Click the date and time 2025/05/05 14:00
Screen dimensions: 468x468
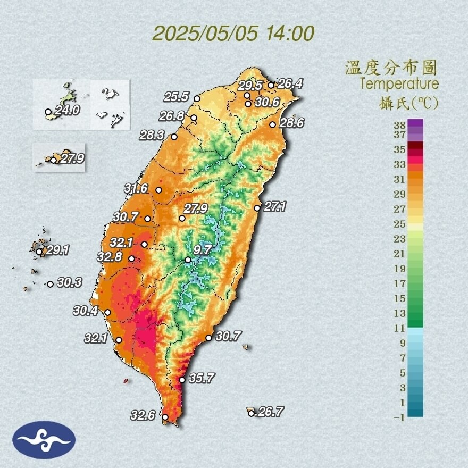point(233,33)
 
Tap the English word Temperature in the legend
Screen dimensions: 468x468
point(399,84)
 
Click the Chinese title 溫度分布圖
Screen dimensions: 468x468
point(391,68)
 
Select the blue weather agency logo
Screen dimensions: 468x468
point(44,439)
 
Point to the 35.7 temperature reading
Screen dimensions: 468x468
point(202,379)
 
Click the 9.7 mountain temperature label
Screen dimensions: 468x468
point(203,249)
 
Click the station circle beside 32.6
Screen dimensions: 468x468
point(165,417)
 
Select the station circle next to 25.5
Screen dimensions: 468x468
point(197,98)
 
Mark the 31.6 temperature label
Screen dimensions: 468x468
point(136,188)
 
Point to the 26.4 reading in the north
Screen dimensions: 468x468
point(290,83)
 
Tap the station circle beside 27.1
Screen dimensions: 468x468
point(257,208)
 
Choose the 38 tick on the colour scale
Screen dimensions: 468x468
point(400,125)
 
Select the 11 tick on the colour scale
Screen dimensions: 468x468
point(400,328)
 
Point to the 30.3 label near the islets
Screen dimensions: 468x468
point(69,283)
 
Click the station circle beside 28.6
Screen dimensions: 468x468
point(272,124)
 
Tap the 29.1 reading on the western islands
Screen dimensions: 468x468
point(57,250)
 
